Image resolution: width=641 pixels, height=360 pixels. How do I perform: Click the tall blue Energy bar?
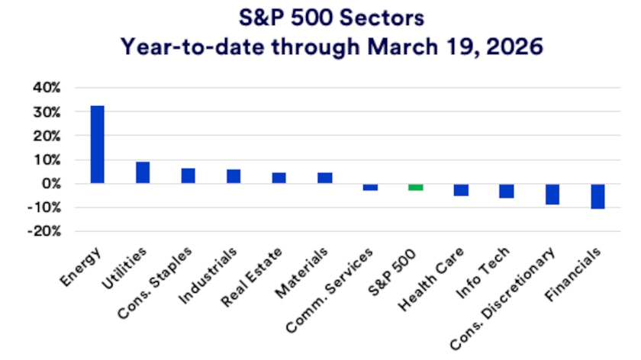[x=97, y=144]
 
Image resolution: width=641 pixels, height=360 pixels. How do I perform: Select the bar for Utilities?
[x=143, y=172]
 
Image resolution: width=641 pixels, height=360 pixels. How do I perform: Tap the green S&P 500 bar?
[x=415, y=187]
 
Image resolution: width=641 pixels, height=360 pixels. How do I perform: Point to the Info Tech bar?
[x=506, y=191]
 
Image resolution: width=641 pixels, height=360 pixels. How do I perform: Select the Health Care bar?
[x=460, y=190]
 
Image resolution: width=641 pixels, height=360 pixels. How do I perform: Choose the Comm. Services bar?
[x=369, y=187]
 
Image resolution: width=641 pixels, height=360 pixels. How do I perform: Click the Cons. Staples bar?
[x=188, y=175]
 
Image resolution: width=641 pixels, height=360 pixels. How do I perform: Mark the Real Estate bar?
[x=279, y=178]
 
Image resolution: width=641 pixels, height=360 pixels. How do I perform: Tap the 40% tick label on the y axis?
[x=46, y=88]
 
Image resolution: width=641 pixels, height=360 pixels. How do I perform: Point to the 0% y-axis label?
[x=50, y=184]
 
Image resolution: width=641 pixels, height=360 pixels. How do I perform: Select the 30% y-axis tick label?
[x=46, y=112]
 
